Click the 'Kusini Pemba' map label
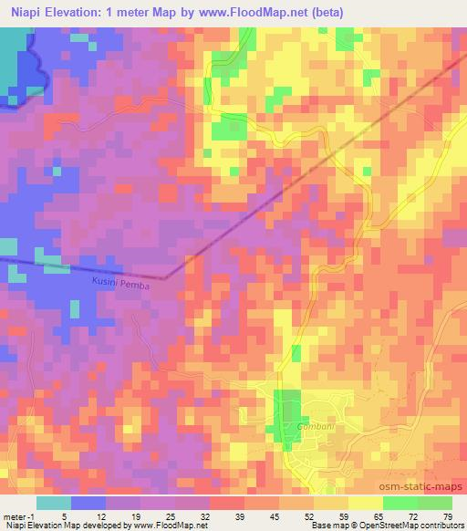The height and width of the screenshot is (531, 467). click(119, 285)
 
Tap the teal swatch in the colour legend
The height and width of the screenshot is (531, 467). click(54, 502)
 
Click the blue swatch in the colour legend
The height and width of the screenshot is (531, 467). click(88, 502)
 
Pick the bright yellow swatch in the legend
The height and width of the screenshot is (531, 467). click(365, 502)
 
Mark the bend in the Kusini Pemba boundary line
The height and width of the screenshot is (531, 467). click(165, 277)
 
